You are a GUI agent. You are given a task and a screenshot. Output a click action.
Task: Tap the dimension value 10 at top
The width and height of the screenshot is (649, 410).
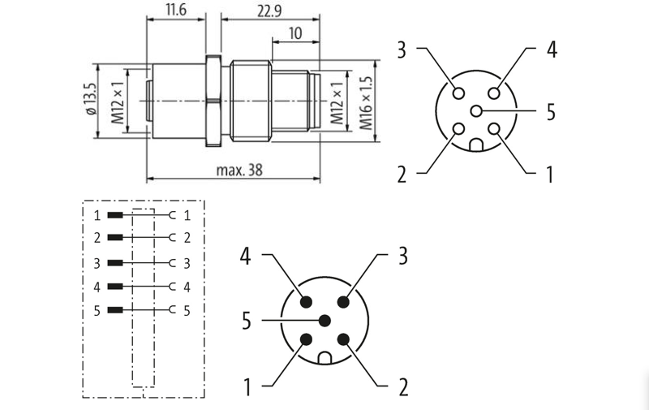pyautogui.click(x=294, y=34)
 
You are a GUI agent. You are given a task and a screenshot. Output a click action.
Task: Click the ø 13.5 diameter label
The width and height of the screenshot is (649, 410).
pyautogui.click(x=90, y=100)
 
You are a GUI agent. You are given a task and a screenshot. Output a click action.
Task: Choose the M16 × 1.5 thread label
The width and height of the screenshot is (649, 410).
pyautogui.click(x=366, y=104)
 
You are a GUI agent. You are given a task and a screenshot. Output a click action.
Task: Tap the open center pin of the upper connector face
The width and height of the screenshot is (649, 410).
pyautogui.click(x=476, y=111)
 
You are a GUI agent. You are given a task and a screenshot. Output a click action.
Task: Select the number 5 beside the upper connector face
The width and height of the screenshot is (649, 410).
pyautogui.click(x=551, y=112)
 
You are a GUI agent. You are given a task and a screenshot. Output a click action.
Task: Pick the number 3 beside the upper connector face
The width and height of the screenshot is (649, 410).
pyautogui.click(x=401, y=50)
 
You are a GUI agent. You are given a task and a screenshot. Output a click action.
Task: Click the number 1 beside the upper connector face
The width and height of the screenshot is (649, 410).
pyautogui.click(x=551, y=173)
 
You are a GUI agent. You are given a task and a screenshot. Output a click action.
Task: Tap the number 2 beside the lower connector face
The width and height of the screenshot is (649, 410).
pyautogui.click(x=403, y=387)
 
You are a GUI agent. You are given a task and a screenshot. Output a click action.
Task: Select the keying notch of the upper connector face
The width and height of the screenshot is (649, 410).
pyautogui.click(x=477, y=145)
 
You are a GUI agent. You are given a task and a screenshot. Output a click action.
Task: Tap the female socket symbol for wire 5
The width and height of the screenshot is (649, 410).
pyautogui.click(x=172, y=310)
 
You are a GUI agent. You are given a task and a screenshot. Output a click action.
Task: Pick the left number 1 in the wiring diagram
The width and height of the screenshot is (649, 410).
pyautogui.click(x=97, y=216)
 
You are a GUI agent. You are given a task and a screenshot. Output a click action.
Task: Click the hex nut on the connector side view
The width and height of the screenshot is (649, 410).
pyautogui.click(x=213, y=101)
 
